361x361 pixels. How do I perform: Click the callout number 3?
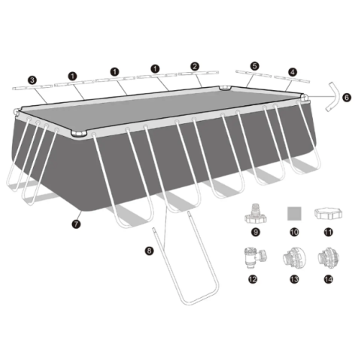pyautogui.click(x=32, y=78)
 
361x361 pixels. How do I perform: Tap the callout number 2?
pyautogui.click(x=195, y=66)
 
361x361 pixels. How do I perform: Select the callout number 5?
pyautogui.click(x=254, y=66)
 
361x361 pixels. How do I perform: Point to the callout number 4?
pyautogui.click(x=292, y=72)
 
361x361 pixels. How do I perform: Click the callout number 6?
pyautogui.click(x=346, y=97)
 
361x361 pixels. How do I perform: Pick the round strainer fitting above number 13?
pyautogui.click(x=290, y=259)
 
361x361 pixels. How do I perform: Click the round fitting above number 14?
pyautogui.click(x=328, y=259)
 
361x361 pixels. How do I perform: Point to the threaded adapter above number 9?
pyautogui.click(x=253, y=214)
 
